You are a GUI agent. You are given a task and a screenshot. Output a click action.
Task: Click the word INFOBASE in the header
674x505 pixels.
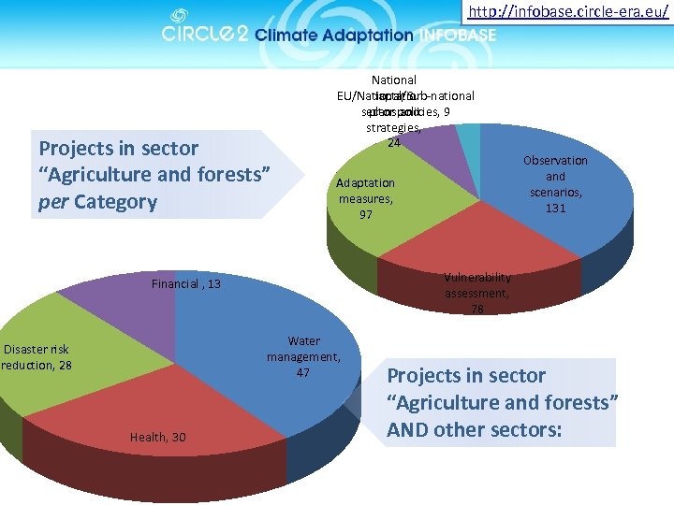click(458, 36)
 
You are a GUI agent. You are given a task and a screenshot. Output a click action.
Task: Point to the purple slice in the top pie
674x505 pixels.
click(432, 140)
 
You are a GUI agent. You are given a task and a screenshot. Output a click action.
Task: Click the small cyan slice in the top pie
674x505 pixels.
click(469, 135)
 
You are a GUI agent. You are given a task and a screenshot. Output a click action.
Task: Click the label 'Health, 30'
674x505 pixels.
click(157, 438)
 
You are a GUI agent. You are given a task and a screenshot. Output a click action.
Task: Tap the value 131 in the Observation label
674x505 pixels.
click(555, 208)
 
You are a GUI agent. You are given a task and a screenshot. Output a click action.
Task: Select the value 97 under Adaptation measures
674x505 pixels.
click(366, 214)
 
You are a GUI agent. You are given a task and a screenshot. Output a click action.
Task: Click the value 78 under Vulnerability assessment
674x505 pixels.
click(477, 309)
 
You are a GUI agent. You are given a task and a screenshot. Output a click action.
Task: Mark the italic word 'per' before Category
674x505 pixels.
click(53, 202)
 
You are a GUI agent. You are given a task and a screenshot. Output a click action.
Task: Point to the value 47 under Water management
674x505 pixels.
click(303, 372)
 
